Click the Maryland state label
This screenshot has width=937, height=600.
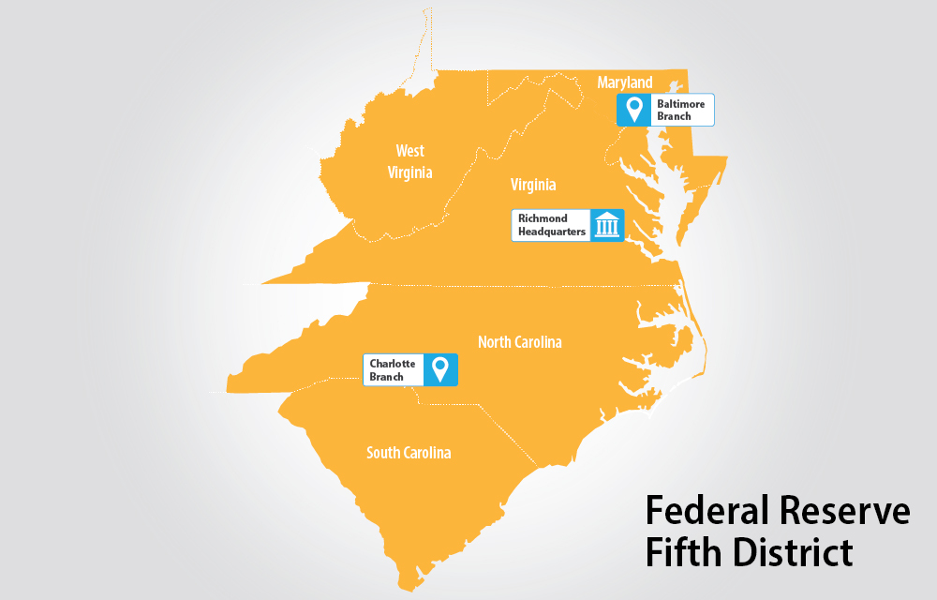[x=625, y=83]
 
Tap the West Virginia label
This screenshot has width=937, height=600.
[x=409, y=161]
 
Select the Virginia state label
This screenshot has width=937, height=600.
[x=533, y=184]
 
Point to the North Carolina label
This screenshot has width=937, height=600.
[x=520, y=342]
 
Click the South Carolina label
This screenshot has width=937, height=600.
[x=409, y=453]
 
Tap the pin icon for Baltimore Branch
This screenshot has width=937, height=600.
[x=634, y=110]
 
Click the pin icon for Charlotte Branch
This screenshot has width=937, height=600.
[x=439, y=369]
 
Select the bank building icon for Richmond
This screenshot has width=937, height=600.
[x=607, y=225]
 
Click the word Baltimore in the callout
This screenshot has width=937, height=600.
[x=680, y=104]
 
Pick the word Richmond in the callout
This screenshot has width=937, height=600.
[x=543, y=218]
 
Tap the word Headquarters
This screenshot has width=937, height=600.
[x=552, y=231]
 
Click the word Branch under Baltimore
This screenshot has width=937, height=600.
[x=674, y=116]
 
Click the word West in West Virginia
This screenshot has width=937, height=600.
[x=409, y=150]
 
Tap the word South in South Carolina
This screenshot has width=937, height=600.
[x=384, y=453]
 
